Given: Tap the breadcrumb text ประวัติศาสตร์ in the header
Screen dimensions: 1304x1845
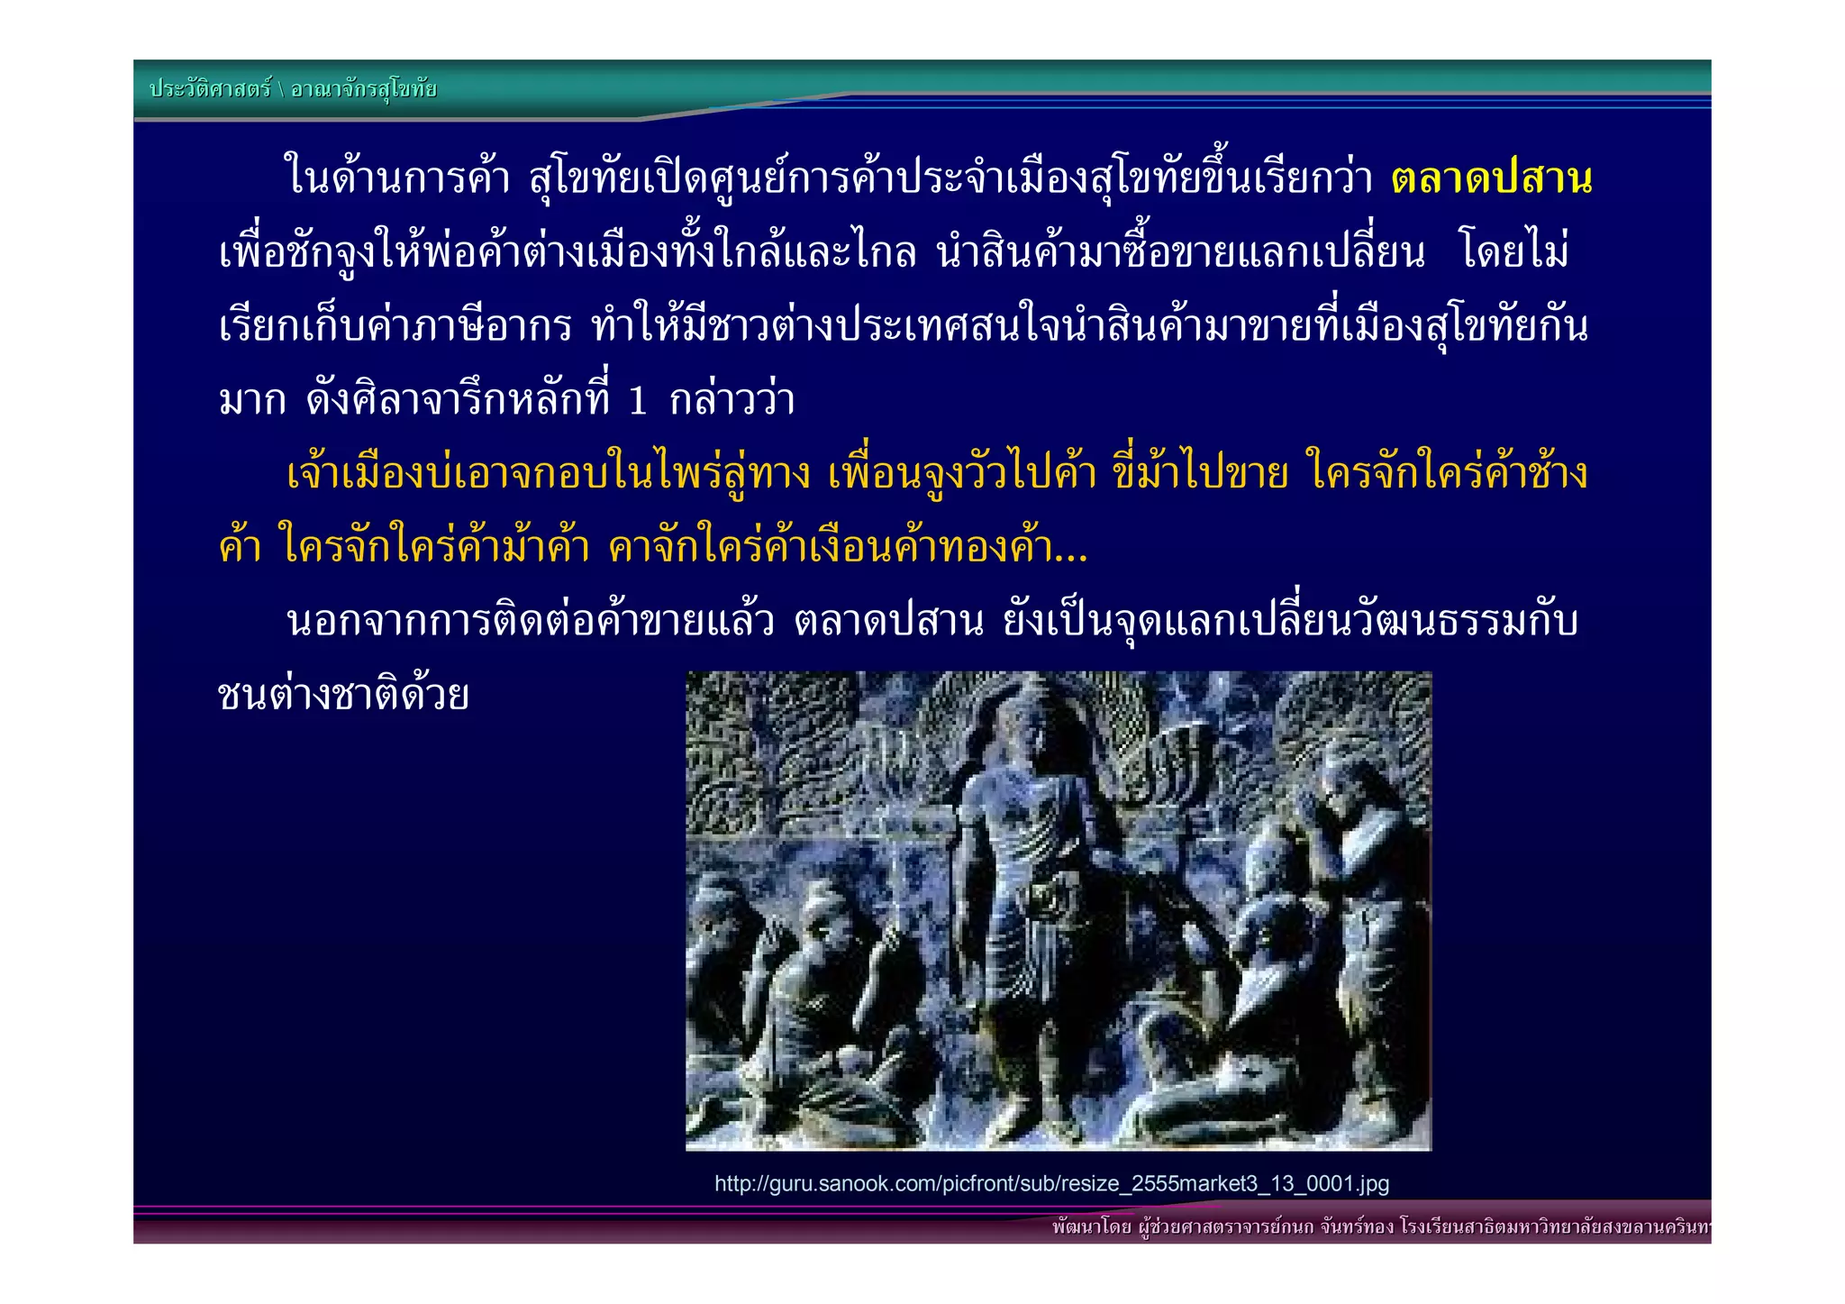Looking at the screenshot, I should [210, 89].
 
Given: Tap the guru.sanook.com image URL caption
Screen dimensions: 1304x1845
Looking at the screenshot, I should [1051, 1183].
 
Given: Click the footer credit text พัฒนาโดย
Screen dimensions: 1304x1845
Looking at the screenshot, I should [1091, 1227].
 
